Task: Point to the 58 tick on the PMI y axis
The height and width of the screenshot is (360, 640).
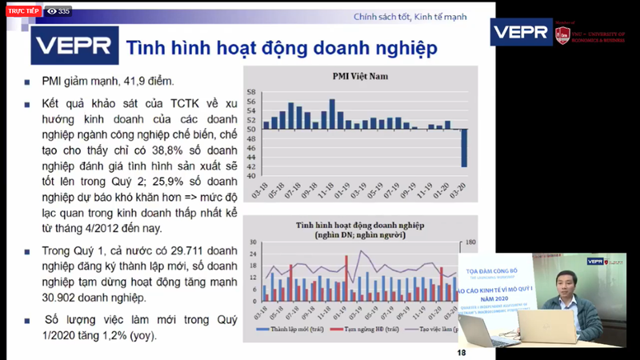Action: coord(251,92)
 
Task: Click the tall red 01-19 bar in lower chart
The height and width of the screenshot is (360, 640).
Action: coord(346,278)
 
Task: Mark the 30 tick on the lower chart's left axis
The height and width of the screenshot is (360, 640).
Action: coord(252,242)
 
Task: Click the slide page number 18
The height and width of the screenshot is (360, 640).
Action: coord(462,352)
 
